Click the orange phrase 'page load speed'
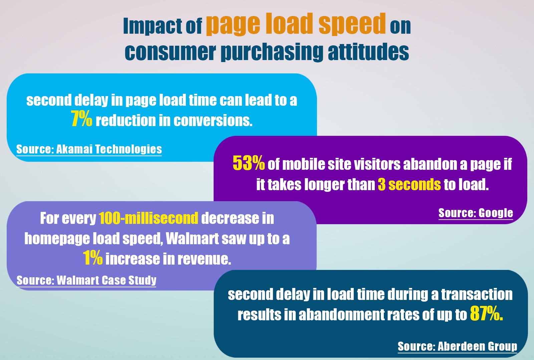point(296,24)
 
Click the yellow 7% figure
point(81,119)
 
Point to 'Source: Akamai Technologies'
point(89,149)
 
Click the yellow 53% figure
point(249,163)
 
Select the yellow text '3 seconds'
point(409,185)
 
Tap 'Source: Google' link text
point(476,213)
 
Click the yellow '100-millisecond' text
point(149,219)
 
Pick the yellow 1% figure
point(92,258)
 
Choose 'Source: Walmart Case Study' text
point(86,280)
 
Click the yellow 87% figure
point(486,314)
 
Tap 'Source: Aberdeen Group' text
point(457,346)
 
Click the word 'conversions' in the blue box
point(213,121)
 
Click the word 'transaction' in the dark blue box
point(477,295)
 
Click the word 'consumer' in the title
point(170,52)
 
